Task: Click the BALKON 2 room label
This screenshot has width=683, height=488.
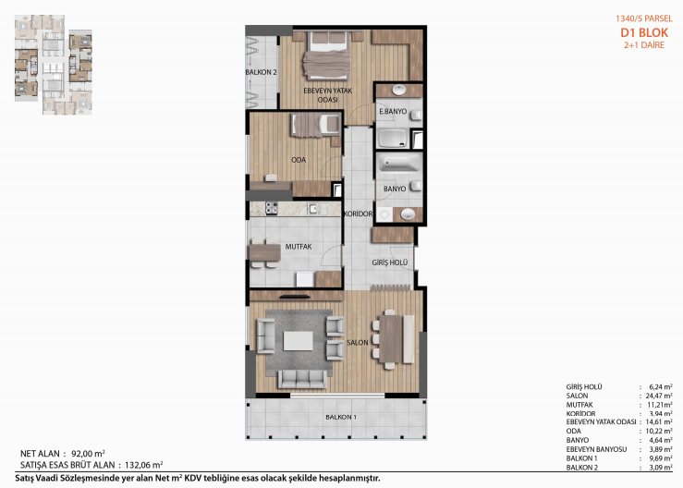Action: [261, 72]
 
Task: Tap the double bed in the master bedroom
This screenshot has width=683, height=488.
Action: [326, 55]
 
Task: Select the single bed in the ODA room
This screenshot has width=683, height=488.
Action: [315, 126]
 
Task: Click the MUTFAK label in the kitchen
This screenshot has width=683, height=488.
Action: [299, 247]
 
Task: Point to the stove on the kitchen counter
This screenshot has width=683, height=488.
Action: [272, 208]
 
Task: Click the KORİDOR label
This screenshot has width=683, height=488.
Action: [358, 213]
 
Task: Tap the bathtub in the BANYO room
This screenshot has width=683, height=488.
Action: [399, 163]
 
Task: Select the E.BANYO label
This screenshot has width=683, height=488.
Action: [393, 112]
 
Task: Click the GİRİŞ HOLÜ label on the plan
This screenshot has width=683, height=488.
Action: [390, 262]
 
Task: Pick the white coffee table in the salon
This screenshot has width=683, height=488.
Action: [298, 341]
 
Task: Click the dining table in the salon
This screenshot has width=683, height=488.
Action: [390, 339]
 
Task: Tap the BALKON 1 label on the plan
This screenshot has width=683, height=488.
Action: [341, 417]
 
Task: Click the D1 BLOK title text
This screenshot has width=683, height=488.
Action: [644, 32]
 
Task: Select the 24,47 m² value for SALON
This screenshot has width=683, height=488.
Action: [659, 396]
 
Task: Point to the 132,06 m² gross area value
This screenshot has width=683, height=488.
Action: [144, 465]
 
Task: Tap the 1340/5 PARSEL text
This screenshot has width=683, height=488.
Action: [644, 18]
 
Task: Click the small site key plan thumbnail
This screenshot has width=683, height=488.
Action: [53, 65]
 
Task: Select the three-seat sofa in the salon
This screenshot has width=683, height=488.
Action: [302, 379]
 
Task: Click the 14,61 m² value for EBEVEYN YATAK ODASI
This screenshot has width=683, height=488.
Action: [659, 421]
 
